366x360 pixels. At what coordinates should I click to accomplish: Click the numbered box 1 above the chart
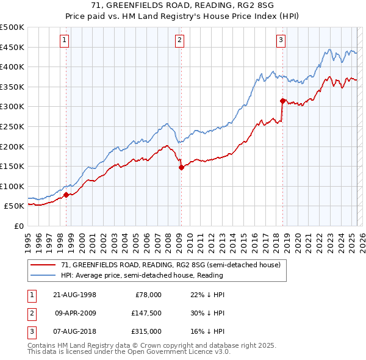65,41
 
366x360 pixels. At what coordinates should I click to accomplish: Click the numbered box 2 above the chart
180,41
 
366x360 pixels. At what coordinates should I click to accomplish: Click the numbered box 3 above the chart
281,41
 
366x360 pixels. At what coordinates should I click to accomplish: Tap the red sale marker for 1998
66,195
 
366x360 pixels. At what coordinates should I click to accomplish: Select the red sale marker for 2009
181,167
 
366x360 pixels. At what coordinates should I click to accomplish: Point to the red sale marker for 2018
282,101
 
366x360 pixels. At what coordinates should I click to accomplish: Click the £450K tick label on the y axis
12,47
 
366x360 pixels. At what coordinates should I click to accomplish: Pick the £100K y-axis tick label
12,186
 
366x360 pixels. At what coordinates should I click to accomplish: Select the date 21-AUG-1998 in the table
75,295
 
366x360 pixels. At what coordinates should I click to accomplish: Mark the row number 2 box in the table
30,313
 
